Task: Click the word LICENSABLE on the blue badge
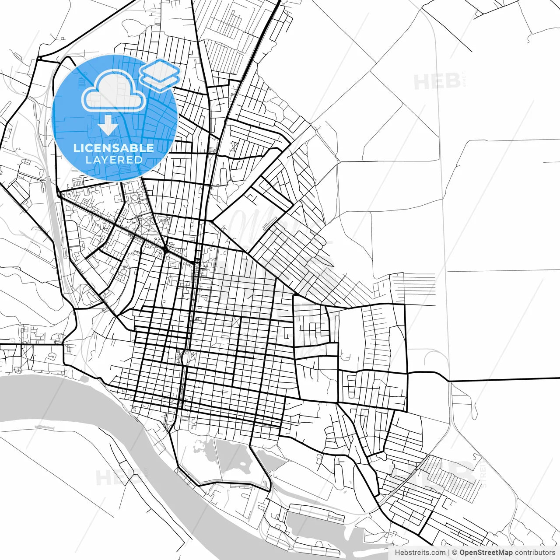click(x=114, y=148)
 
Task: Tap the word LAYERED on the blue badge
click(x=114, y=160)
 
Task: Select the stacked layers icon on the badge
click(x=160, y=74)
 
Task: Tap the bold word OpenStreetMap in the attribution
click(x=486, y=553)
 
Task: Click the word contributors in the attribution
click(x=535, y=553)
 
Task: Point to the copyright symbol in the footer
click(x=455, y=553)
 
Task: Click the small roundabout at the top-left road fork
click(x=39, y=58)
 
